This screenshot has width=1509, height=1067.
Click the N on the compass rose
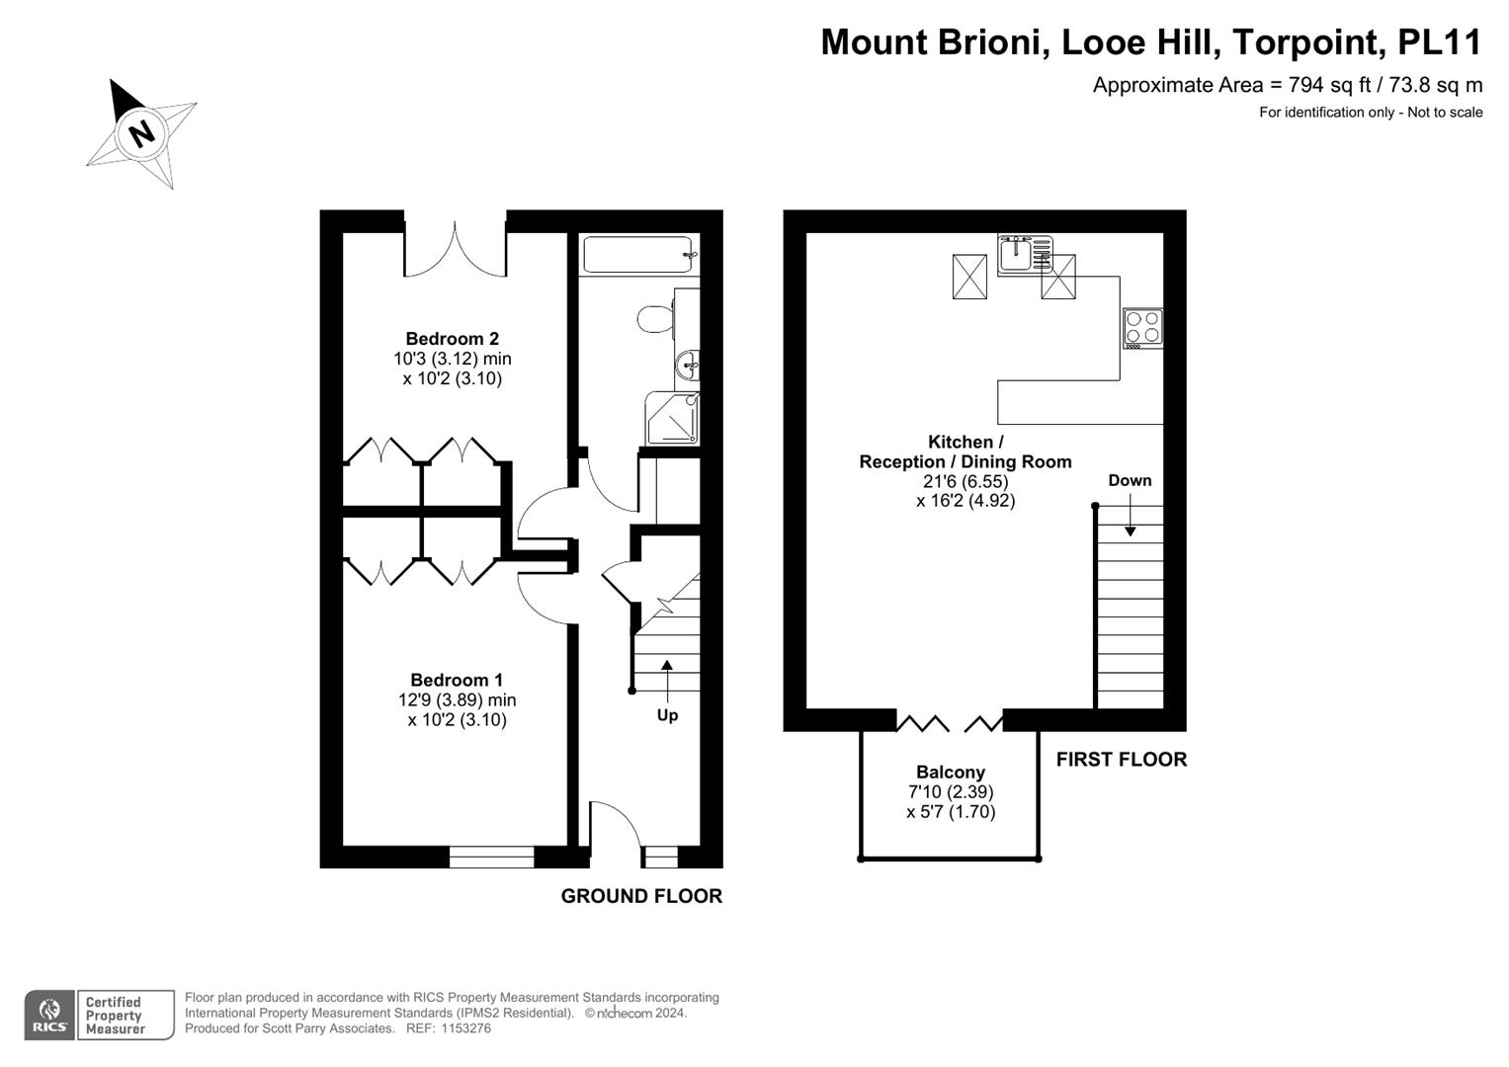(142, 133)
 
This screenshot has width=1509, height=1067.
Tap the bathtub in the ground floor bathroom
(637, 254)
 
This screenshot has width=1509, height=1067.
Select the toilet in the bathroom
(655, 318)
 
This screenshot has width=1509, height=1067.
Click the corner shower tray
(672, 418)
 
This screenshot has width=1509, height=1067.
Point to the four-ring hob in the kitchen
(1142, 328)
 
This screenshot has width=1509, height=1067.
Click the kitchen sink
(1025, 254)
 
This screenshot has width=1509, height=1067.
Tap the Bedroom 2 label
(452, 338)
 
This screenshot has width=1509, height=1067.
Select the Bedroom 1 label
(457, 680)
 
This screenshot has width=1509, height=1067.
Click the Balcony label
(951, 772)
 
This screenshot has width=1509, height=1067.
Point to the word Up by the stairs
(668, 715)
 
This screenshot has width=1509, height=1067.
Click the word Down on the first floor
(1130, 480)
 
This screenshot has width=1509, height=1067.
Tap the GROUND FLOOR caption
(641, 896)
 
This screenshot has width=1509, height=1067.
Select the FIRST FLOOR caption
(1122, 759)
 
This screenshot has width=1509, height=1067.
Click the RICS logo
(49, 1016)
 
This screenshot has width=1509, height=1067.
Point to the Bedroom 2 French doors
(456, 248)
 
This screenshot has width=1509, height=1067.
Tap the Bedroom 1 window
(492, 857)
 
